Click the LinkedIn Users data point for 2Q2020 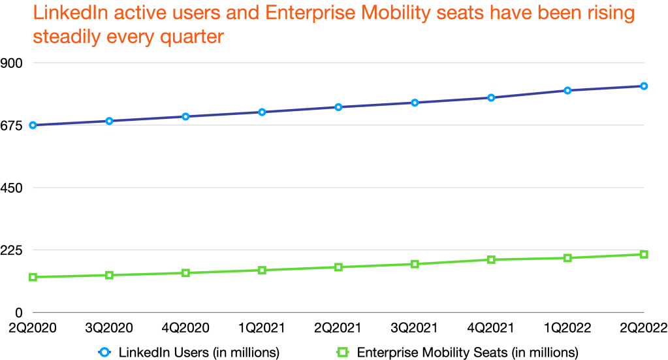[x=33, y=125]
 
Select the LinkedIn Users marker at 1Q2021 [x=262, y=112]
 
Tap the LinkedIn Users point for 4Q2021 [x=491, y=97]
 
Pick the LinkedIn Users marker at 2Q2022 [x=644, y=86]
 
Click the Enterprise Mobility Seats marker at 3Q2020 [x=109, y=275]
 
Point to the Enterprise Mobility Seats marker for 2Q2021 [x=338, y=267]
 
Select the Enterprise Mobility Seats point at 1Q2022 [x=567, y=258]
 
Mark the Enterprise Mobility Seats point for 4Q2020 [x=185, y=273]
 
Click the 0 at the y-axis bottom [x=20, y=312]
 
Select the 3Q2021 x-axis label [x=415, y=327]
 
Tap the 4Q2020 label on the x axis [x=185, y=327]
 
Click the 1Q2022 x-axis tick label [x=567, y=327]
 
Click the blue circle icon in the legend [x=104, y=352]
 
